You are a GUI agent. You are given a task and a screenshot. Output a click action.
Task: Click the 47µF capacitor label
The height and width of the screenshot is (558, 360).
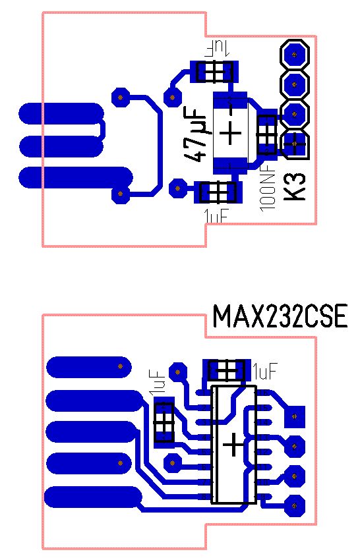[x=195, y=134]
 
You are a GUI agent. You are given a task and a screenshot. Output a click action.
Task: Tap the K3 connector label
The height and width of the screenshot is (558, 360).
[x=296, y=186]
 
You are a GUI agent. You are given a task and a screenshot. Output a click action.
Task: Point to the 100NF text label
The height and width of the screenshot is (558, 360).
[x=268, y=189]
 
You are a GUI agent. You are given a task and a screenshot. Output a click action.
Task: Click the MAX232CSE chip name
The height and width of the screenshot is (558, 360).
[x=280, y=316]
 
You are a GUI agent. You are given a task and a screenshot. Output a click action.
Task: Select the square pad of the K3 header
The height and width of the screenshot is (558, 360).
[x=295, y=144]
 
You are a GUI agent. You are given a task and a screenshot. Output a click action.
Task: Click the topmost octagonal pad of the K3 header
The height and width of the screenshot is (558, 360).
[x=295, y=54]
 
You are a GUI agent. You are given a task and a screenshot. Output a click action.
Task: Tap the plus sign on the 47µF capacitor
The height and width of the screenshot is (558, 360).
[x=230, y=134]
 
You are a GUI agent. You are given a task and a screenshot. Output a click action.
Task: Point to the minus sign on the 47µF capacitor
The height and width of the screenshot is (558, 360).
[x=230, y=108]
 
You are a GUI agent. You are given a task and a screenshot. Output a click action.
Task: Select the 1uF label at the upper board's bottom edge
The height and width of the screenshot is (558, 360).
[x=216, y=215]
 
